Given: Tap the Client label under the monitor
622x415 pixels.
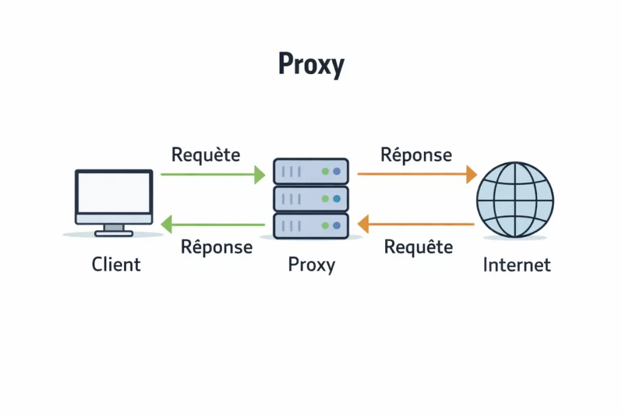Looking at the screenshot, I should coord(116,264).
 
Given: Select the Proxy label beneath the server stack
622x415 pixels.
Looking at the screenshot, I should coord(311,265).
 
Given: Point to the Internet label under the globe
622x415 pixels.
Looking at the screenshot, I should coord(516,265).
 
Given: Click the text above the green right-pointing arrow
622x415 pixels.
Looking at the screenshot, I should coord(206,155).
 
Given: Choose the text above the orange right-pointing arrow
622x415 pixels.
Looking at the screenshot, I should coord(416,155).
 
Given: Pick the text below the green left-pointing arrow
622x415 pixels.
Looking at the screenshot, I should coord(217,247).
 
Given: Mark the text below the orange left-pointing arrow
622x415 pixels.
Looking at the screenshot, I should coord(419,247).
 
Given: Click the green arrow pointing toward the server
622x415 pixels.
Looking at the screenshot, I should coord(213,175).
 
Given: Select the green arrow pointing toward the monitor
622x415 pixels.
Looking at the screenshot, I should coord(213,225).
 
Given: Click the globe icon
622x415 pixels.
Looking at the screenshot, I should coord(515,199).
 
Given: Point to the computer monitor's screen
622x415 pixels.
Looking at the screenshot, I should coord(114,192).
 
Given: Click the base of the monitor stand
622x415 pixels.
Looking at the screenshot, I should coord(114,233).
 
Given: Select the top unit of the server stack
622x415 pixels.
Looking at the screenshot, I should coord(311,172).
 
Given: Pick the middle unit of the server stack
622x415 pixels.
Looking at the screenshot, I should coord(311,199).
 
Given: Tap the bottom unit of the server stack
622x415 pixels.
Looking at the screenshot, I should coord(311,225).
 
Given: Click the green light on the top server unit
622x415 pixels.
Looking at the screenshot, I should coord(326,172).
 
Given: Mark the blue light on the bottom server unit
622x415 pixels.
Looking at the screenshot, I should coord(337,225).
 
